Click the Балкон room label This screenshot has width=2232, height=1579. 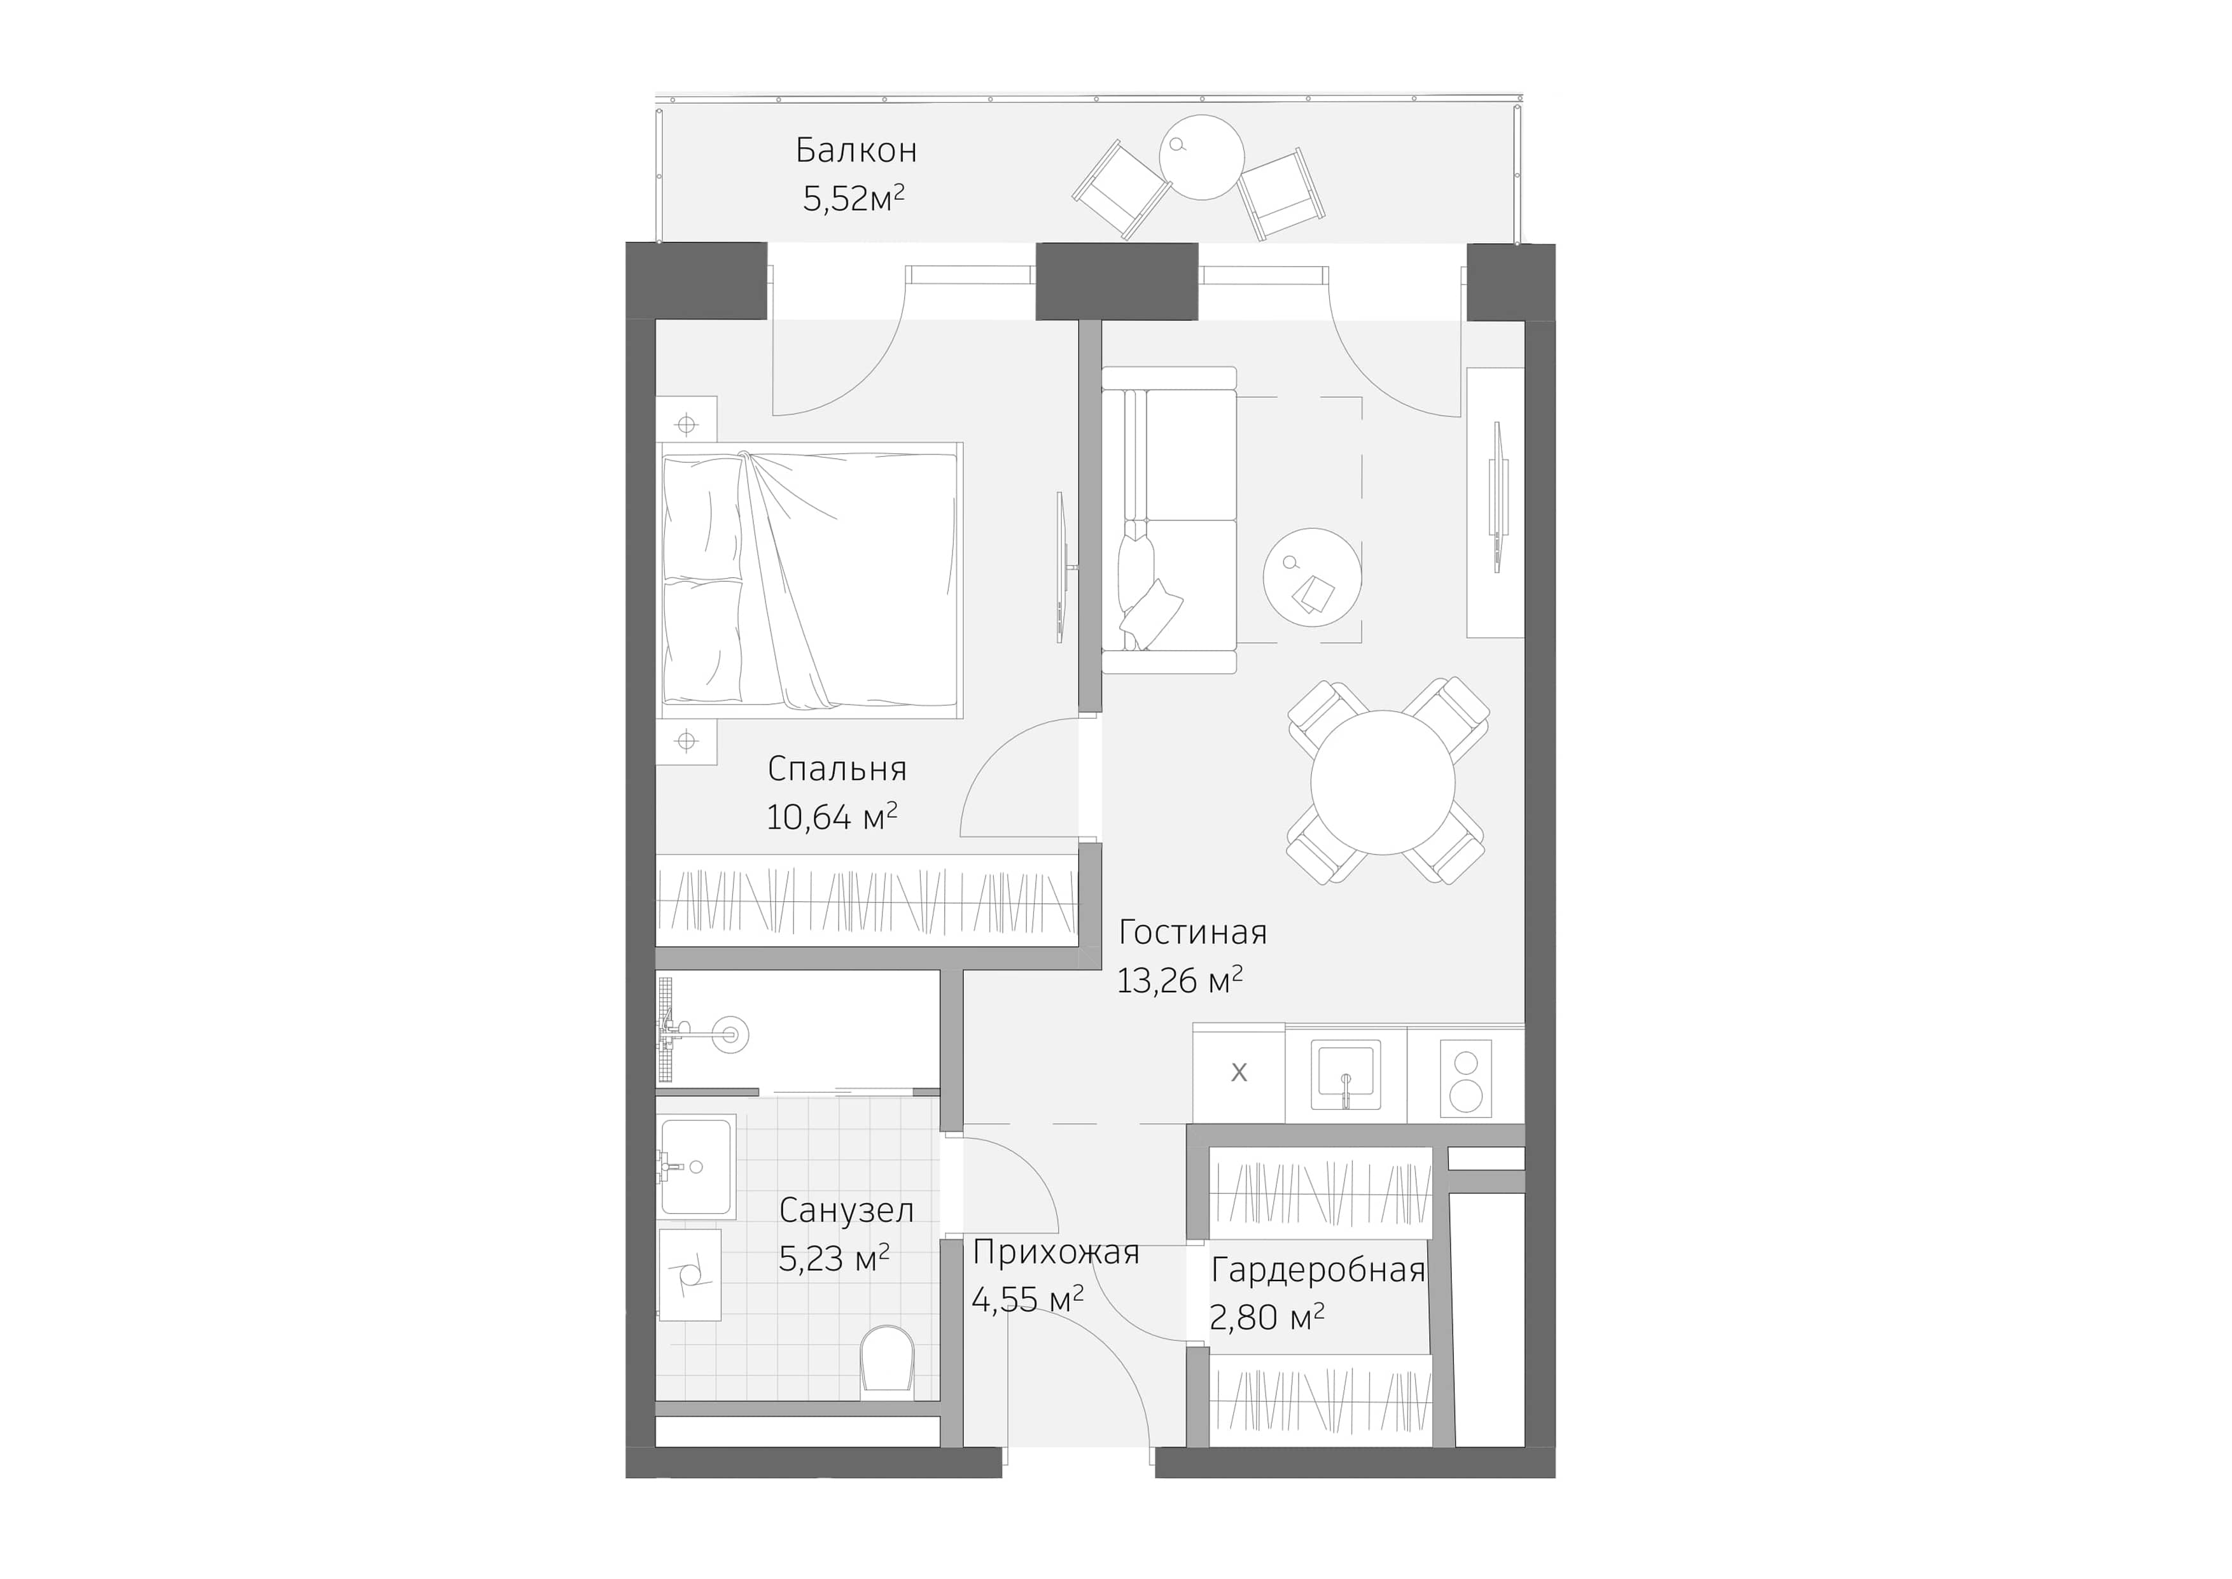click(x=856, y=151)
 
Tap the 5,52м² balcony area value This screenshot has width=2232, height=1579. click(x=853, y=199)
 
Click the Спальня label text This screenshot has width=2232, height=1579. click(x=837, y=769)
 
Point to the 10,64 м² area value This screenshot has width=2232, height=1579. click(x=831, y=817)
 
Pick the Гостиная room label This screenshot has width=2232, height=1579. click(x=1193, y=932)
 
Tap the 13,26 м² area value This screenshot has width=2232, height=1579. click(x=1179, y=981)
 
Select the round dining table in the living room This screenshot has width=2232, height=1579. click(x=1383, y=783)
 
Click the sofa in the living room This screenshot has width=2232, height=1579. click(x=1169, y=520)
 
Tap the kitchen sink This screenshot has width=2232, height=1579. click(x=1346, y=1074)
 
